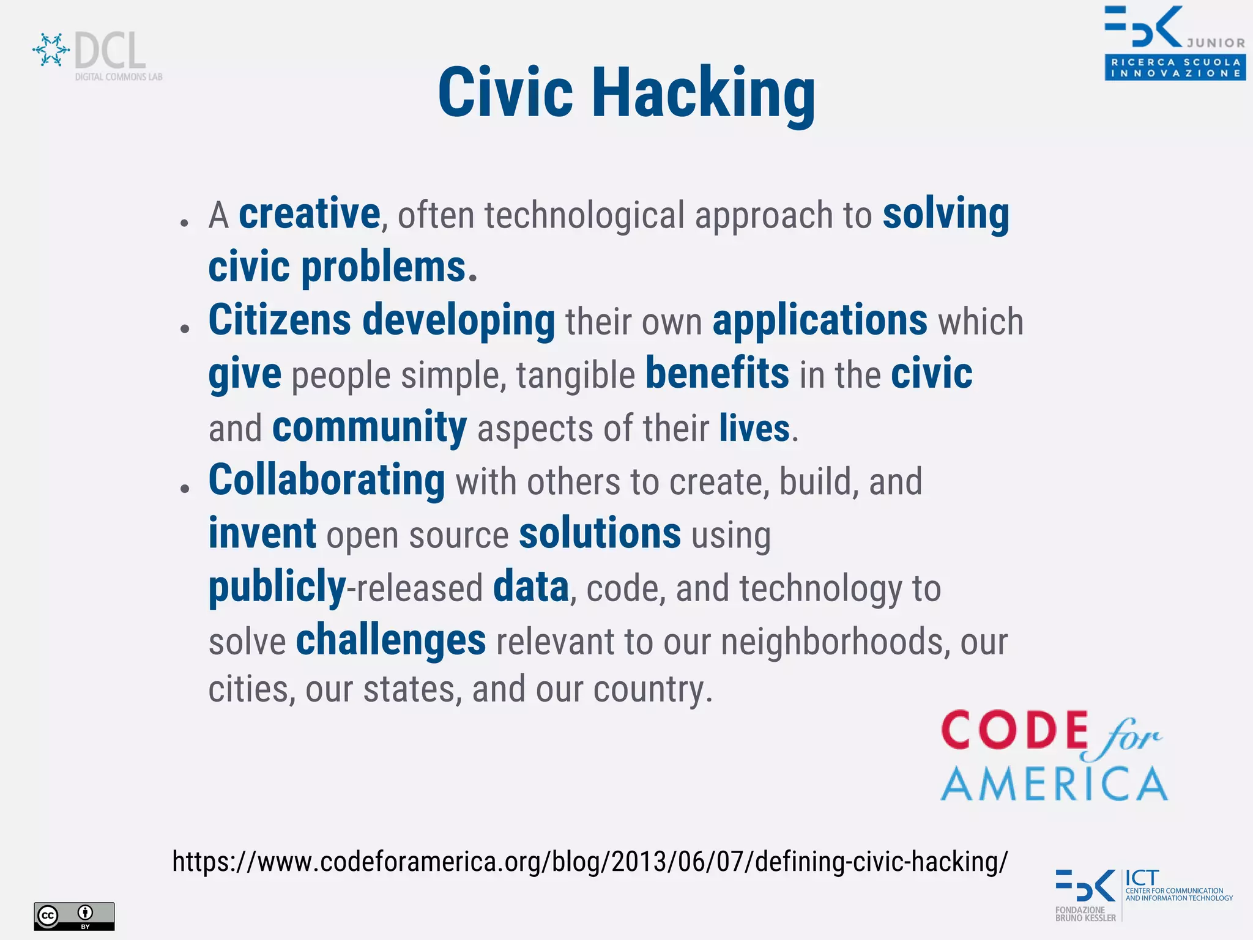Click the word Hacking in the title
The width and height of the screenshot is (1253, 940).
(x=704, y=93)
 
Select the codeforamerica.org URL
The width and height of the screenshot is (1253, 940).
(x=590, y=861)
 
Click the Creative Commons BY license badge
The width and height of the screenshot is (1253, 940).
(x=74, y=916)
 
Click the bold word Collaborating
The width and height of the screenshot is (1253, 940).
(x=327, y=481)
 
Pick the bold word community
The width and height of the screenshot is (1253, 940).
(x=370, y=427)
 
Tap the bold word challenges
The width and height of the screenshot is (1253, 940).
(x=391, y=640)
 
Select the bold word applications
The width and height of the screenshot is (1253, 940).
(x=820, y=320)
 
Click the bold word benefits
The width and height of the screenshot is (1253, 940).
(x=717, y=374)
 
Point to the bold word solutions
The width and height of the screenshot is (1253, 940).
(x=600, y=534)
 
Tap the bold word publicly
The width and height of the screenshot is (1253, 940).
(x=277, y=587)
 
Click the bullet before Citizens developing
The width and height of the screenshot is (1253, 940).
(x=185, y=329)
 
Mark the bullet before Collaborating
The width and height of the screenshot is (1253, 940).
(x=185, y=489)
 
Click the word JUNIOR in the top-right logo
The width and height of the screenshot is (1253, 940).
(x=1216, y=43)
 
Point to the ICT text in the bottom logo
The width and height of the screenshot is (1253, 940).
(x=1142, y=878)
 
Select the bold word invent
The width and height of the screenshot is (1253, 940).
(x=262, y=534)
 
